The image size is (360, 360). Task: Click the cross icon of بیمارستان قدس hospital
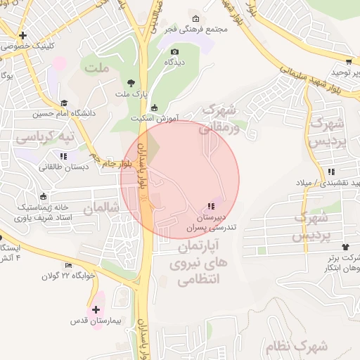pos(96,309)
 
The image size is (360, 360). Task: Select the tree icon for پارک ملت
pos(131,83)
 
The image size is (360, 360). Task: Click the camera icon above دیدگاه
pos(175,51)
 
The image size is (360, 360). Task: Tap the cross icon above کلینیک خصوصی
pos(23,34)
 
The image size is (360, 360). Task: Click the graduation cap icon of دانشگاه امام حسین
pos(64,103)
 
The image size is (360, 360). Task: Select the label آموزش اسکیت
pos(155,117)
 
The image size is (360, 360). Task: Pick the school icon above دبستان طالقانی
pos(64,156)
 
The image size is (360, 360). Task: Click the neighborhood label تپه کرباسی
pos(54,135)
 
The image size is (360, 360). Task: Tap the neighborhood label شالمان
pos(98,208)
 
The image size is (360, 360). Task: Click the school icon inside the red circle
pos(210,207)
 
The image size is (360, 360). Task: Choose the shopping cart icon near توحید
pos(349,61)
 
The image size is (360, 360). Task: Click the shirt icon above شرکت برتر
pos(345,246)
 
